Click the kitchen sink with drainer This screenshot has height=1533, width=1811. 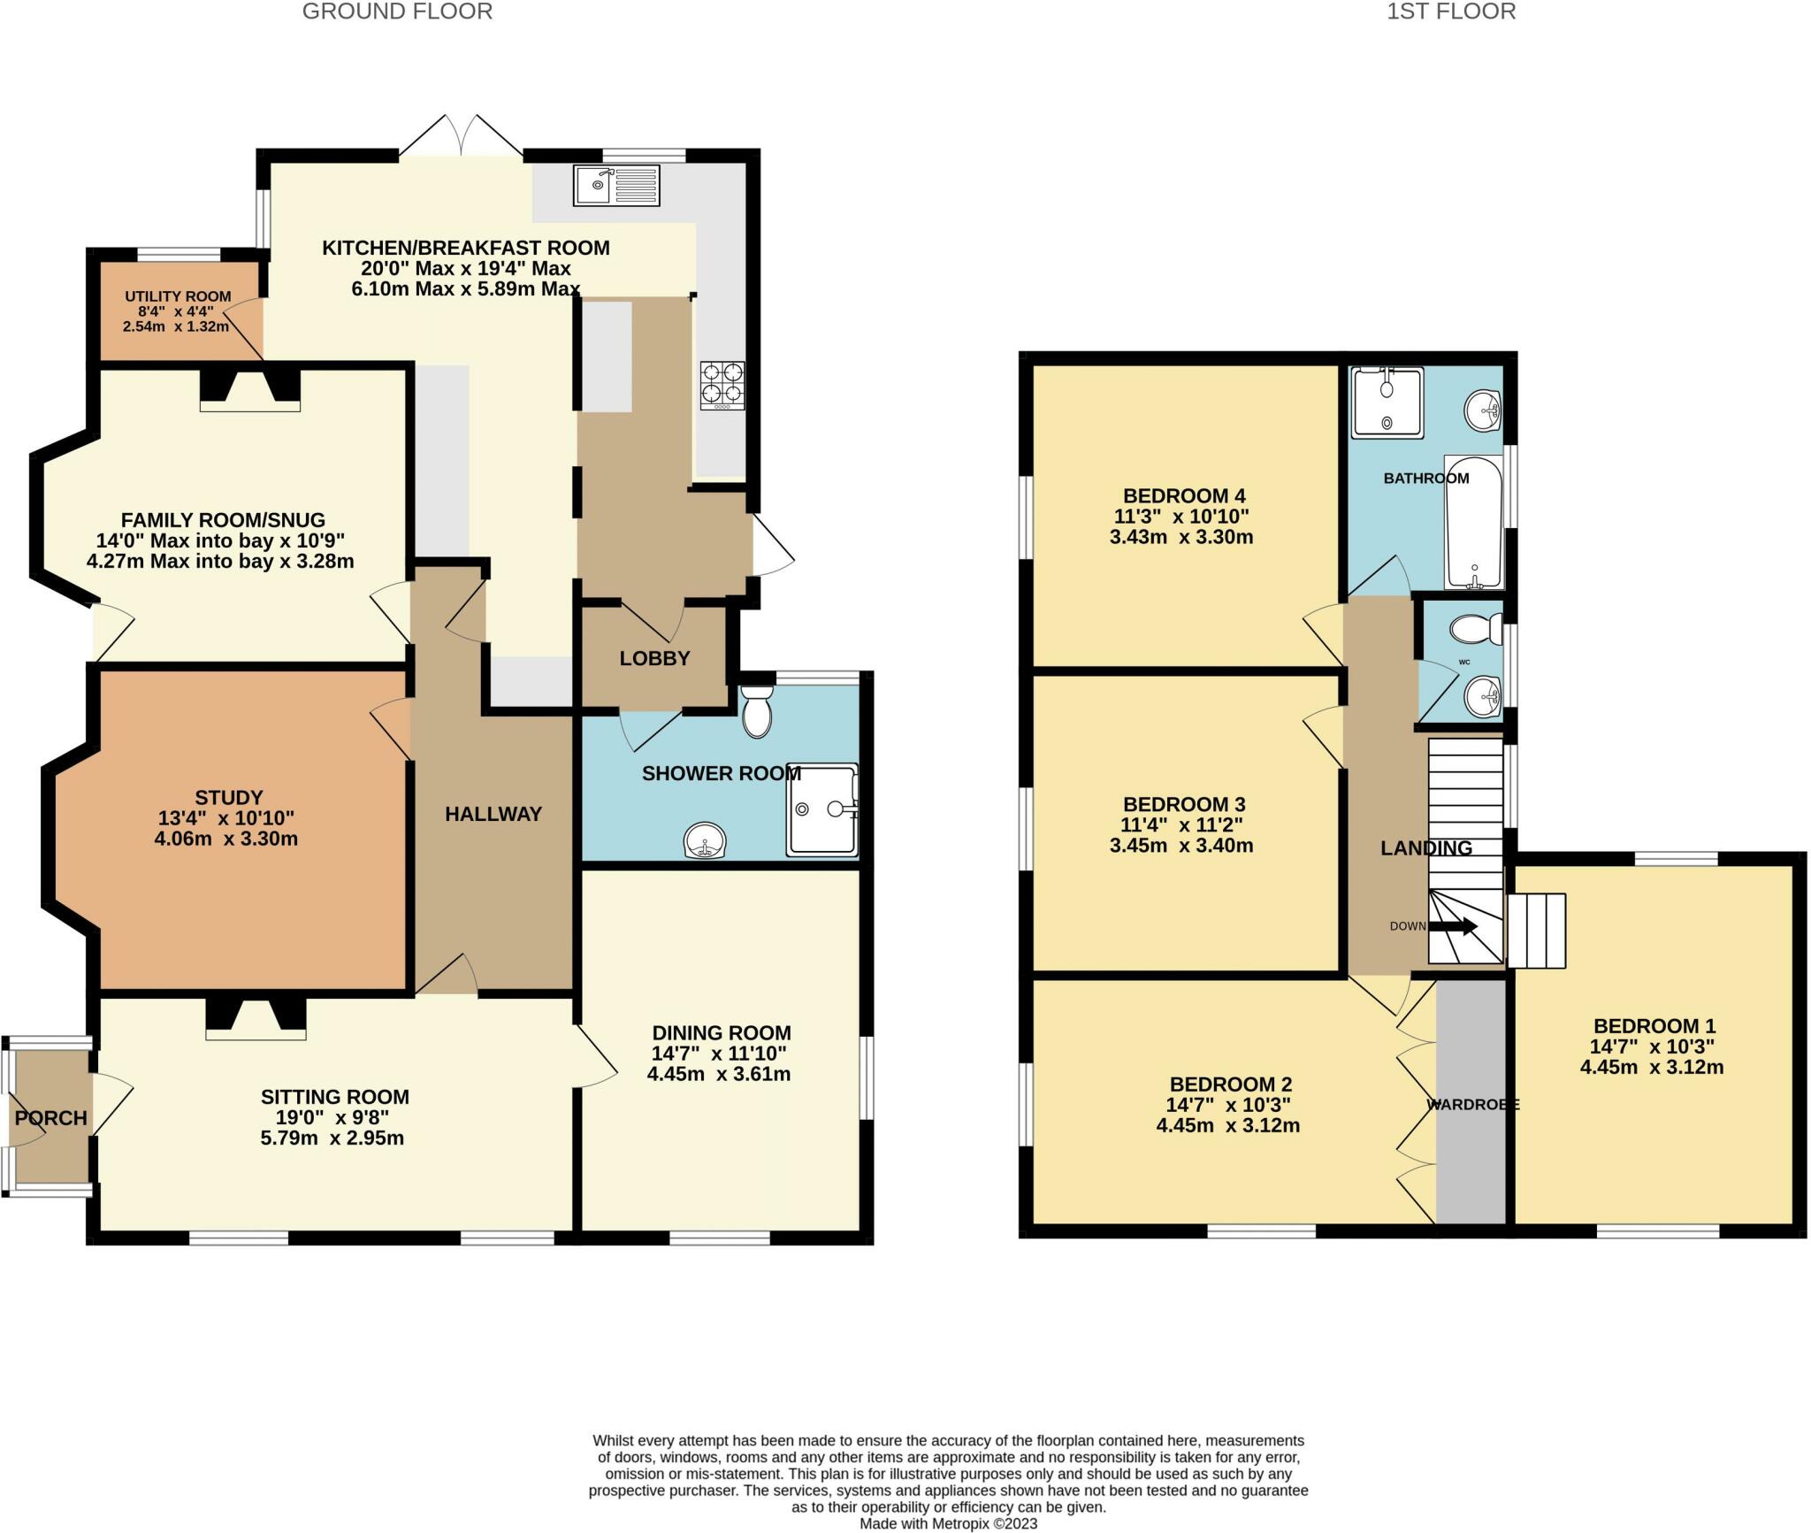click(x=616, y=186)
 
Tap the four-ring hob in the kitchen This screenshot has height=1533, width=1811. click(x=722, y=385)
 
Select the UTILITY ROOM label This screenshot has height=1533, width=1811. click(x=178, y=297)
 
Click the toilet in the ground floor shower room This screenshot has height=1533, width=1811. click(x=757, y=713)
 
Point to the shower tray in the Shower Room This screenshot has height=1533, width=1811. click(x=822, y=809)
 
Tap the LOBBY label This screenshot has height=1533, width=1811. click(x=654, y=658)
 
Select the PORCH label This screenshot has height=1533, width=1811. click(x=50, y=1118)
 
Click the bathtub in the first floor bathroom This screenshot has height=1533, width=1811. click(x=1473, y=522)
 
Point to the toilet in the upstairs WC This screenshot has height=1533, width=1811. click(x=1475, y=630)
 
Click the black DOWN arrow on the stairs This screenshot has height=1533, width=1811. click(x=1453, y=926)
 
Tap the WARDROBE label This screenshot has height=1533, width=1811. click(x=1472, y=1105)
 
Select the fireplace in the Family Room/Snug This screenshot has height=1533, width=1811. click(x=250, y=389)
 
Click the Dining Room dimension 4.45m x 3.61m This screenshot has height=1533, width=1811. click(x=718, y=1075)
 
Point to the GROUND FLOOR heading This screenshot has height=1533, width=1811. click(x=397, y=11)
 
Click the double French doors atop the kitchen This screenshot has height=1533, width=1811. click(x=460, y=137)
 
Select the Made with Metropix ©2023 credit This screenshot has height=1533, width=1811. click(x=948, y=1523)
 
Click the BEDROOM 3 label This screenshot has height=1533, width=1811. click(x=1183, y=804)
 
